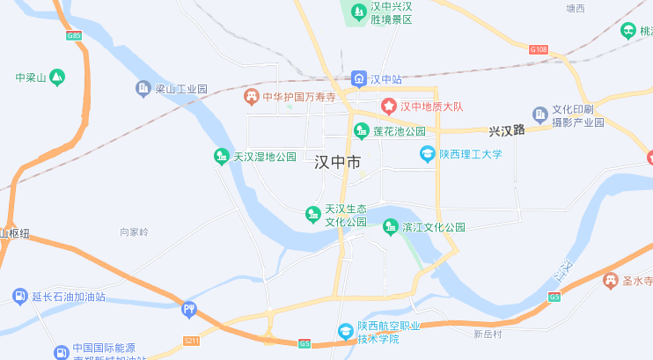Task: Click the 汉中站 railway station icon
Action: coord(359,79)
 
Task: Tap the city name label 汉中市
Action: coord(338,162)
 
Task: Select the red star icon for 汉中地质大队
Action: coord(388,107)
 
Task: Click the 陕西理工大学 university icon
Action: coord(428,154)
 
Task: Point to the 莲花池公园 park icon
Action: coord(361,131)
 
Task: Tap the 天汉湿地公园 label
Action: coord(264,158)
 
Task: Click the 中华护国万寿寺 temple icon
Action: coord(252,97)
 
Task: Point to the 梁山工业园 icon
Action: coord(143,88)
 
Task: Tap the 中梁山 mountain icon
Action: coord(57,77)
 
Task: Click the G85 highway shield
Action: coord(74,36)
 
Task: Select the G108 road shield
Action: coord(539,49)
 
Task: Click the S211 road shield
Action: coord(192,339)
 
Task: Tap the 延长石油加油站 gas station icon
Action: coord(19,297)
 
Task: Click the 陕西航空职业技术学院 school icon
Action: coord(346,332)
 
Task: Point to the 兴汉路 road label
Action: coord(507,130)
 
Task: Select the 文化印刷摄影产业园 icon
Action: coord(540,114)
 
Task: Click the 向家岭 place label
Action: coord(135,232)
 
